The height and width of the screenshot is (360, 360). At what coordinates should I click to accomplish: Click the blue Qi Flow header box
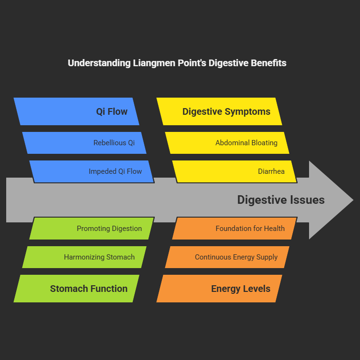(x=77, y=112)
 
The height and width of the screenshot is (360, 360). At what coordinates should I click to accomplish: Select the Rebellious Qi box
(x=84, y=143)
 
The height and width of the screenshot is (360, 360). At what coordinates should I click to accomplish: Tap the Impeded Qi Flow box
(x=91, y=171)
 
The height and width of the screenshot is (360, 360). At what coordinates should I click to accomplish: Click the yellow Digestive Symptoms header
(x=220, y=112)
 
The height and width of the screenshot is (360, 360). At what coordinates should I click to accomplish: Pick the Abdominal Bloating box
(x=227, y=143)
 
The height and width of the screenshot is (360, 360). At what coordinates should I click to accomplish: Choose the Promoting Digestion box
(x=91, y=229)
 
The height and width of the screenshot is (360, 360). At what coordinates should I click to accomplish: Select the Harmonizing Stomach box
(x=84, y=257)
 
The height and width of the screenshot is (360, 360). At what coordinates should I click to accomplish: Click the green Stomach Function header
(x=77, y=289)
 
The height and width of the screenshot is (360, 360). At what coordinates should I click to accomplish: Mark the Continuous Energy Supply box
(x=227, y=257)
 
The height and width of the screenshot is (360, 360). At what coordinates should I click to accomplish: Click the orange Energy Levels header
(x=220, y=289)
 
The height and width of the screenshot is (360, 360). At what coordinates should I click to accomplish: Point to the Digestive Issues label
(x=281, y=200)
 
